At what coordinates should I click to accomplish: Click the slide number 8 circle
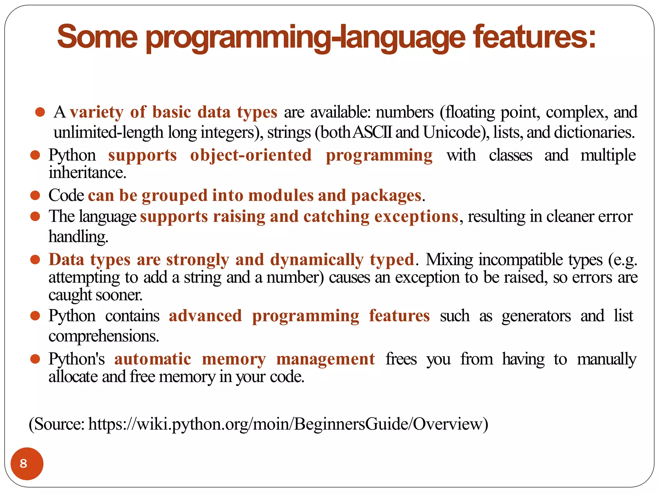[x=27, y=463]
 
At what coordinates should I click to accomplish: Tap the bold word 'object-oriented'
[x=251, y=155]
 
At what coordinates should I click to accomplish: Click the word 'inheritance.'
[x=87, y=173]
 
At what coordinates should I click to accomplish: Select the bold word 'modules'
[x=281, y=196]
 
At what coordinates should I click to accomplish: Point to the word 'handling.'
[x=78, y=237]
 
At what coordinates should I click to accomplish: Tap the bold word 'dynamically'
[x=317, y=260]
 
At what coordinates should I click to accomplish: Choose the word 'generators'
[x=536, y=316]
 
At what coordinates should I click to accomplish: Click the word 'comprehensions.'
[x=104, y=336]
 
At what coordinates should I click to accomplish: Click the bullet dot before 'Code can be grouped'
[x=35, y=195]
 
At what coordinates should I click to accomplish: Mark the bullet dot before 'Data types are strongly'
[x=35, y=259]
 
